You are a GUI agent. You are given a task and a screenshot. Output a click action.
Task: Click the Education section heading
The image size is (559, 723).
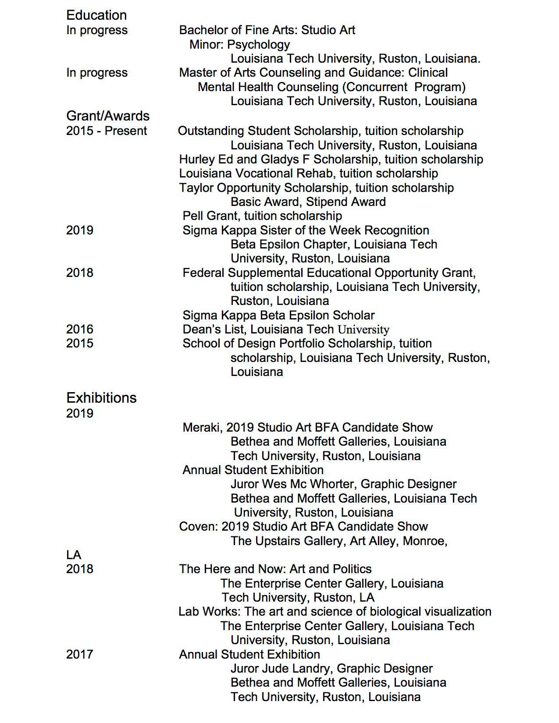click(96, 15)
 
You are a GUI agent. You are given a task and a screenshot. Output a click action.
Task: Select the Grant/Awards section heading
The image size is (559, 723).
click(108, 116)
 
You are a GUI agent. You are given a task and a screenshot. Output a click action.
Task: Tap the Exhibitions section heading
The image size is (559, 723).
click(101, 398)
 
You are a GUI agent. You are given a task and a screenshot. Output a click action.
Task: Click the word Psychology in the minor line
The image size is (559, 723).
click(258, 45)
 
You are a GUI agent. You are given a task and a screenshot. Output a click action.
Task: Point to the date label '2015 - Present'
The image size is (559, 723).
click(107, 131)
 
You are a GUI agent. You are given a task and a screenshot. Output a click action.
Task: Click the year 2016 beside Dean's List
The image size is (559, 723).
click(80, 330)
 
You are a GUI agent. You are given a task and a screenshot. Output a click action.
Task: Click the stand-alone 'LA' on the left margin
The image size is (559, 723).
click(74, 555)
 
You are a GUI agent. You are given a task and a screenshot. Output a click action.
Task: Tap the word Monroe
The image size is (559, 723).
click(424, 541)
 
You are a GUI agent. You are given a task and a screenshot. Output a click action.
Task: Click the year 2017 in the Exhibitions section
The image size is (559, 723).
click(80, 655)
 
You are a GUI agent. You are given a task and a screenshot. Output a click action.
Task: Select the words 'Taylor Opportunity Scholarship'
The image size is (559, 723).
click(265, 188)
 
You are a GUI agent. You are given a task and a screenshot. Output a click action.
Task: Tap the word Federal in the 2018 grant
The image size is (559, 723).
click(203, 273)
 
